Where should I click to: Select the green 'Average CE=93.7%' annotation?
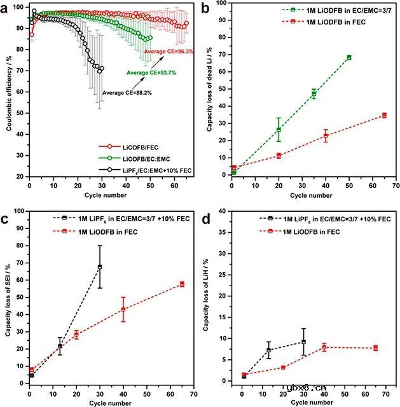(151, 72)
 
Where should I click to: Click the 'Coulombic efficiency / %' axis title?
(8, 90)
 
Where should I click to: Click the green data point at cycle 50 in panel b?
(349, 57)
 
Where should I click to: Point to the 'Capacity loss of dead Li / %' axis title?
(209, 89)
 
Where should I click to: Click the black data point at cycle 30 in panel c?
(100, 266)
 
